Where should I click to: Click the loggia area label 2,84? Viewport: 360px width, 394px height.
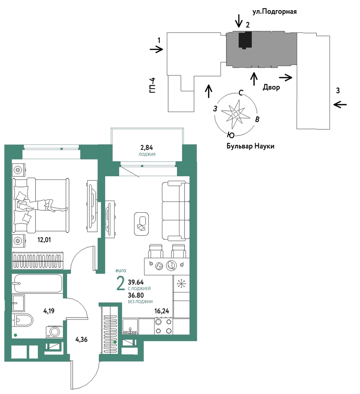[147, 148]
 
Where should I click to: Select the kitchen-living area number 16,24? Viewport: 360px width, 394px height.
[162, 311]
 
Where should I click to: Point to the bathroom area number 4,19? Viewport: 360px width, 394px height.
[50, 311]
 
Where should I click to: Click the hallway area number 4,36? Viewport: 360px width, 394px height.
[81, 339]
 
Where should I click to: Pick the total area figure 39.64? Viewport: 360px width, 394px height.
[136, 282]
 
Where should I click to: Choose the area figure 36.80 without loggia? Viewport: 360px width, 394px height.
[136, 295]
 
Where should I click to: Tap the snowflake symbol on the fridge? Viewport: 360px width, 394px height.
[181, 283]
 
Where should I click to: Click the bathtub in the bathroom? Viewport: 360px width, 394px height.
[37, 283]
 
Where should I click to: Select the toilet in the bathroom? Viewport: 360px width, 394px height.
[22, 320]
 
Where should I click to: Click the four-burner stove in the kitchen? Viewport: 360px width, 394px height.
[164, 326]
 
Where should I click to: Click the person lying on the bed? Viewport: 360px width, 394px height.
[40, 205]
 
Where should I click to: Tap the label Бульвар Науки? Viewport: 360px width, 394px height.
[250, 146]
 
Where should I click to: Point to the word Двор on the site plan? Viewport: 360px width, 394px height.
[271, 88]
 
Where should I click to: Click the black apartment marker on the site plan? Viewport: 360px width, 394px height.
[245, 40]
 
